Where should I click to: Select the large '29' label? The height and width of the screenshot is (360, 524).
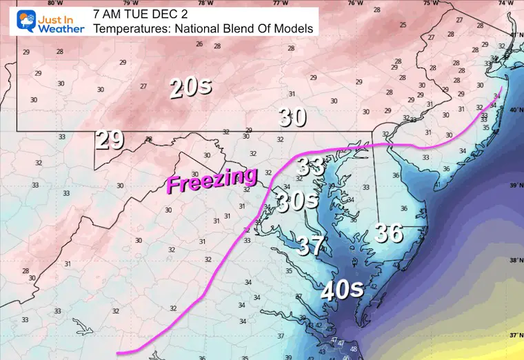pyautogui.click(x=110, y=139)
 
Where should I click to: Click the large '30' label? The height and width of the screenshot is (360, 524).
pyautogui.click(x=292, y=118)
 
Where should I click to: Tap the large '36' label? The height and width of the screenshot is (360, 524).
pyautogui.click(x=388, y=233)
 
